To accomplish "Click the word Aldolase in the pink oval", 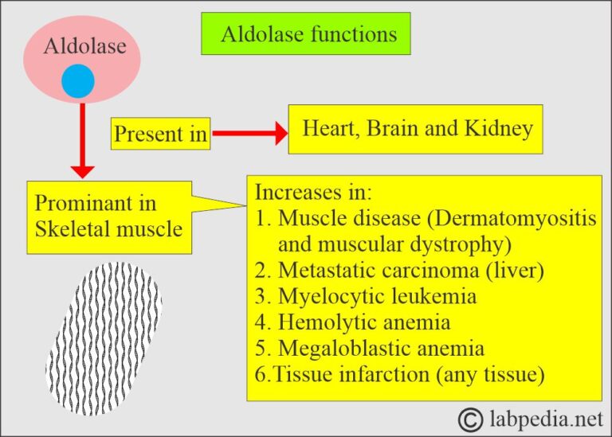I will (x=85, y=46).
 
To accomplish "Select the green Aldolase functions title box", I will (x=306, y=34).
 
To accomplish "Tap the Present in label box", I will (x=160, y=134).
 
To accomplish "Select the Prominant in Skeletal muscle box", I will (x=109, y=217).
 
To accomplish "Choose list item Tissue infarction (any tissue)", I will (x=398, y=374).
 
